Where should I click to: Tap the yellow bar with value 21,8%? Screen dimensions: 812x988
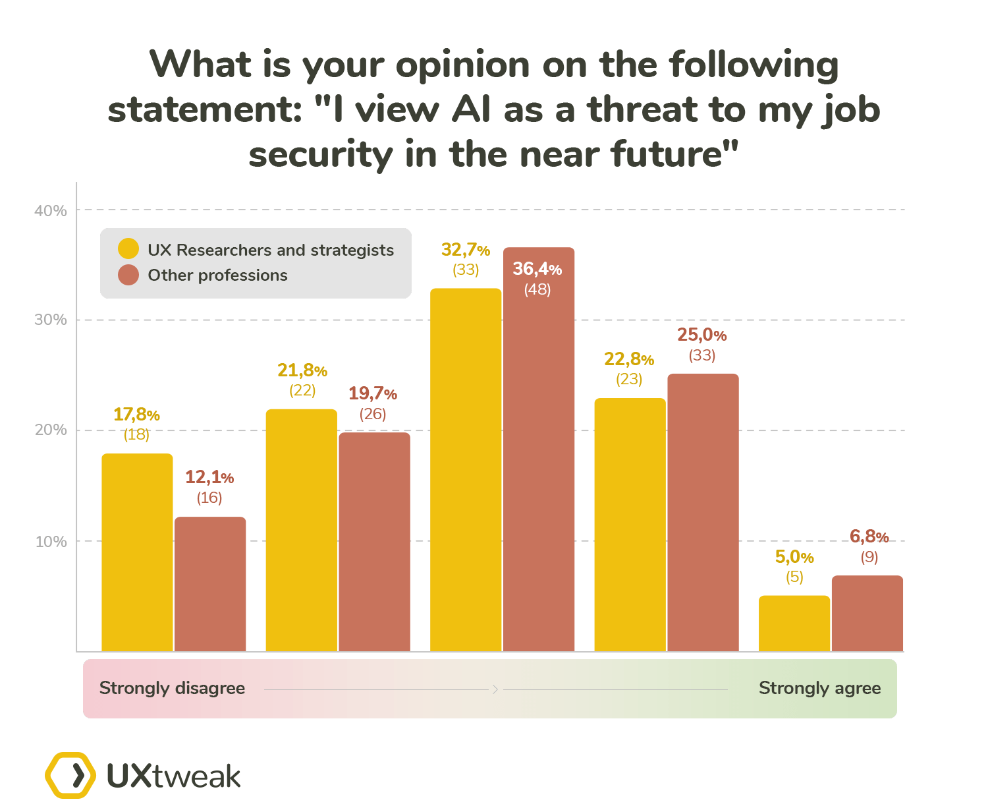(x=301, y=530)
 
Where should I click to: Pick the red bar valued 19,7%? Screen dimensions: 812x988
(x=374, y=542)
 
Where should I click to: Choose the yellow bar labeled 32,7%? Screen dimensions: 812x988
(x=466, y=469)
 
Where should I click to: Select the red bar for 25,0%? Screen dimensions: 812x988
(x=703, y=512)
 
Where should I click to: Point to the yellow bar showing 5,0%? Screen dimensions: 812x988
(x=794, y=623)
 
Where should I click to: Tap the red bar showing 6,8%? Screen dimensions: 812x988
(x=867, y=613)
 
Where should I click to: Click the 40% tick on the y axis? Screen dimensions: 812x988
(x=51, y=211)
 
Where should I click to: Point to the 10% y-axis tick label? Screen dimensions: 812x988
(x=51, y=542)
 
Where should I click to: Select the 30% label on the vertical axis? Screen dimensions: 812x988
(x=51, y=320)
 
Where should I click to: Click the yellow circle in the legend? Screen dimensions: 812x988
(x=128, y=249)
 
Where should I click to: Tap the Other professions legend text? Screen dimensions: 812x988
(x=217, y=275)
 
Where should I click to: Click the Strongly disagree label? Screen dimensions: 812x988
(x=172, y=688)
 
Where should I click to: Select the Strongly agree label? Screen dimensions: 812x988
(x=819, y=688)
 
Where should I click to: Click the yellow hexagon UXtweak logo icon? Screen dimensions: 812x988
(x=70, y=775)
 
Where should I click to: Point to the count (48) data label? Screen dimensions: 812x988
(x=537, y=289)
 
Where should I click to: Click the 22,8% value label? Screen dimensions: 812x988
(x=629, y=359)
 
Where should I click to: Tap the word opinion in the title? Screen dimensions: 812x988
(x=462, y=65)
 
